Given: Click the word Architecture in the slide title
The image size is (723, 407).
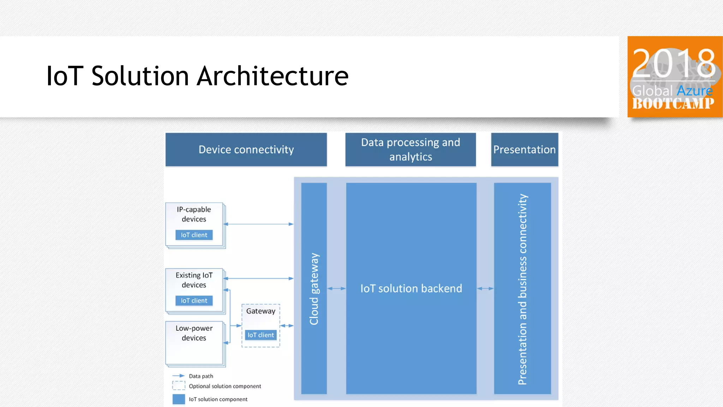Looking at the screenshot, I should (x=273, y=76).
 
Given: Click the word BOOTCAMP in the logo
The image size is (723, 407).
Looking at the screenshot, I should (x=673, y=104).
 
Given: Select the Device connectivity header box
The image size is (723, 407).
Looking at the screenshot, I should (x=246, y=149).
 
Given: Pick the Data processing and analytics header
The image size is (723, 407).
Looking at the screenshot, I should (x=410, y=149).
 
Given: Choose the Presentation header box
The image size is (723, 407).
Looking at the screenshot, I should (x=524, y=149).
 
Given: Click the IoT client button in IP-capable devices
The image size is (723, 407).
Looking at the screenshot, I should (x=194, y=235).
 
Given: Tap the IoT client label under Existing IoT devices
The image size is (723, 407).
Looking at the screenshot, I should (x=194, y=301).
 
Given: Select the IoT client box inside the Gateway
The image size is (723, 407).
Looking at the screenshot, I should (x=261, y=335).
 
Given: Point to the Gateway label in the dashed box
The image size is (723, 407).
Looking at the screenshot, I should (x=261, y=311).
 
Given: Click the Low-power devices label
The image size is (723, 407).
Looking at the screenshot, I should (x=194, y=333).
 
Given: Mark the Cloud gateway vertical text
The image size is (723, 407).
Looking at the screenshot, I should (x=314, y=289).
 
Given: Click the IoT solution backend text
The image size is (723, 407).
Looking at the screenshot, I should (x=411, y=289).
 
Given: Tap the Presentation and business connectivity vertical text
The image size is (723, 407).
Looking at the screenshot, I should (x=522, y=289).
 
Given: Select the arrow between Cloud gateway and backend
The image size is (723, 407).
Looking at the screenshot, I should (x=336, y=289).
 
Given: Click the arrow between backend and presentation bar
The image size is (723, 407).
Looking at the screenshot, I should (x=485, y=289).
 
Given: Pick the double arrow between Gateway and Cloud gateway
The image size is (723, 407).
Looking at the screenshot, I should (x=287, y=326).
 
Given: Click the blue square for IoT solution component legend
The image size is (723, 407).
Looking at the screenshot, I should (x=179, y=399).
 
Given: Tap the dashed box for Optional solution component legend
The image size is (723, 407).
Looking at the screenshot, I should (x=179, y=385).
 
